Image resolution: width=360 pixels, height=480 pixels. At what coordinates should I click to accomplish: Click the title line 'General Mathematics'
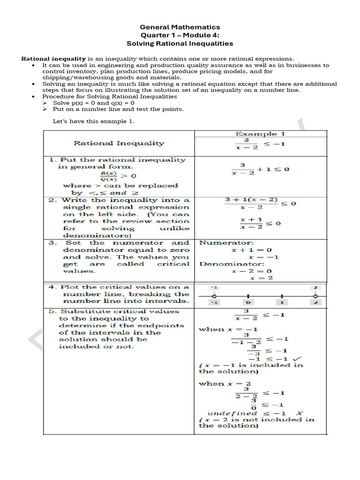coord(180,27)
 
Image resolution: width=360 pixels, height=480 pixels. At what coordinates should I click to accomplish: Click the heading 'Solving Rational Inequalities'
coord(180,43)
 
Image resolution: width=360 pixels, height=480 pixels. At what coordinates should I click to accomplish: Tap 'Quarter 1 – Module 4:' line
coord(180,35)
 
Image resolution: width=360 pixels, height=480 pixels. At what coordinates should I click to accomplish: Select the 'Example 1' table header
coord(256,134)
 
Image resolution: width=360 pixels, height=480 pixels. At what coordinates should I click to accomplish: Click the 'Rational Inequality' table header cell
coord(119,143)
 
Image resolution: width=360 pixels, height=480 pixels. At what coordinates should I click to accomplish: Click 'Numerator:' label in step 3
coord(219,243)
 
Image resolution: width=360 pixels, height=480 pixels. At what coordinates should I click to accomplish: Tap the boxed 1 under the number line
coord(282,302)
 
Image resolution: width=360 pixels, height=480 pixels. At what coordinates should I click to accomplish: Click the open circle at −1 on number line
coord(214,296)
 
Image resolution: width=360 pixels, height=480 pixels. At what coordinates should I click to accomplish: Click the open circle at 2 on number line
coord(315,296)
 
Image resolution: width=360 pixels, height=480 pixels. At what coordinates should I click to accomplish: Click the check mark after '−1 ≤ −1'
coord(296,359)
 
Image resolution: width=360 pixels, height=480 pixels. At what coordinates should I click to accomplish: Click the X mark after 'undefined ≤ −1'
coord(300,413)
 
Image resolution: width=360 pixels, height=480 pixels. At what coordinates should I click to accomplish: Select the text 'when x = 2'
coord(225,383)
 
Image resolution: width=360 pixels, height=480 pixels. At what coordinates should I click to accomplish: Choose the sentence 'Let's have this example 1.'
coord(94,121)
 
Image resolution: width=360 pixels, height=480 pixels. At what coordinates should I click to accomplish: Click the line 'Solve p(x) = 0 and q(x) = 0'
coord(94,103)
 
